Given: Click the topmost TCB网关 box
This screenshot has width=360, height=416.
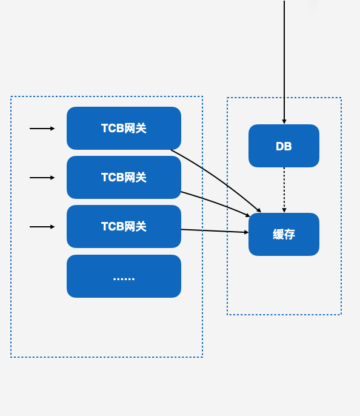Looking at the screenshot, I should point(124,128).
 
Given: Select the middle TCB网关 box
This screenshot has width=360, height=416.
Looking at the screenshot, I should point(124,177).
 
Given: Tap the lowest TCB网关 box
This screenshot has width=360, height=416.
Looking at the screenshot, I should point(124,226).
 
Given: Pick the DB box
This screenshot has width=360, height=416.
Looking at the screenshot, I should point(284,146).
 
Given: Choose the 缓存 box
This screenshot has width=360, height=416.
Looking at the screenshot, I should point(284,234).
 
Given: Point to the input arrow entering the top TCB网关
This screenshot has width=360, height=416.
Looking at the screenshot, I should point(42,129).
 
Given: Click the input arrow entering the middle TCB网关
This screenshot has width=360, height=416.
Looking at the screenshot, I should point(42,178).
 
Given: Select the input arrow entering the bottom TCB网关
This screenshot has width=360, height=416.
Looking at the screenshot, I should point(42,227).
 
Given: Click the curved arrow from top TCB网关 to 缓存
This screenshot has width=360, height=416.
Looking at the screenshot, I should point(218,176).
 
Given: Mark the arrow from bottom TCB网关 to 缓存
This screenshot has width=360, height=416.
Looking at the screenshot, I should point(215,231).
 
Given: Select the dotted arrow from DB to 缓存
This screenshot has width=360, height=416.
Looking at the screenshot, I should point(284,189).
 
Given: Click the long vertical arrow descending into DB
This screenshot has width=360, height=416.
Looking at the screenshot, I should point(284,61).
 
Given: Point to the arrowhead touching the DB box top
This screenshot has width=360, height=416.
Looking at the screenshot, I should point(284,122).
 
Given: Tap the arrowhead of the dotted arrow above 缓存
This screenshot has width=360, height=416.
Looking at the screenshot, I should point(284,210).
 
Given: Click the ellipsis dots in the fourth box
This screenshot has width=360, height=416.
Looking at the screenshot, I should point(124,278).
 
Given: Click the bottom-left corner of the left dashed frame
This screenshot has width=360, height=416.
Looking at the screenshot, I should point(11,357).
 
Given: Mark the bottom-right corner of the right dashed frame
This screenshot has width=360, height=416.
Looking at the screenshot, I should point(341,314).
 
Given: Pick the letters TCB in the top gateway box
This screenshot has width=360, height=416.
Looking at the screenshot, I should point(112,129).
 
